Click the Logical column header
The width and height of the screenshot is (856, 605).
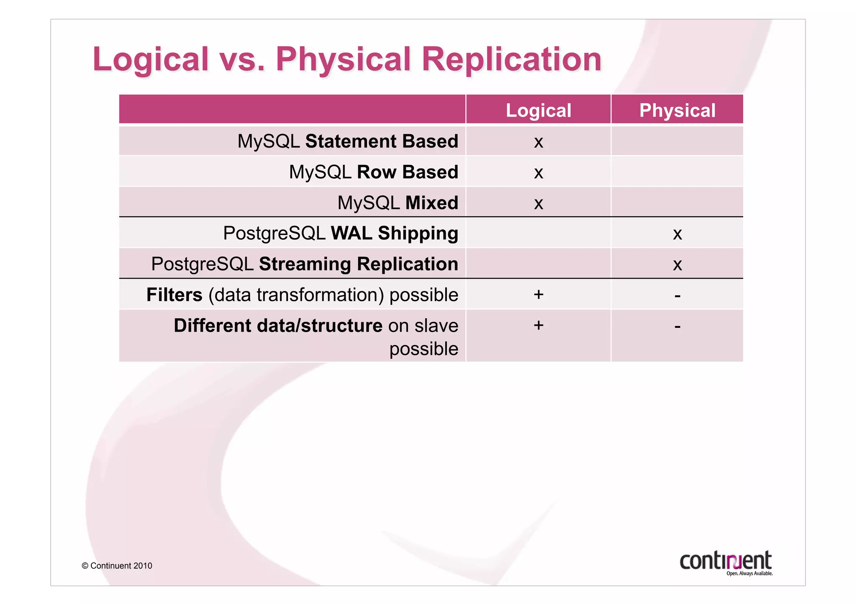pyautogui.click(x=538, y=110)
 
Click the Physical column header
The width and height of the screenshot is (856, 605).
pyautogui.click(x=677, y=110)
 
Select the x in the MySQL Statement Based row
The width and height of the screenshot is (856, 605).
pyautogui.click(x=538, y=142)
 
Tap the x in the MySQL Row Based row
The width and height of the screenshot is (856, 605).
pyautogui.click(x=538, y=173)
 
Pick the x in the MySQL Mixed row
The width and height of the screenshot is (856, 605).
pyautogui.click(x=538, y=204)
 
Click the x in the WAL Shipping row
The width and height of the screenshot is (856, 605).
pyautogui.click(x=678, y=234)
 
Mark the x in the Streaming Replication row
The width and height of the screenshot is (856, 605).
pyautogui.click(x=678, y=265)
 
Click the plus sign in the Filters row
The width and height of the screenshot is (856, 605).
pyautogui.click(x=538, y=294)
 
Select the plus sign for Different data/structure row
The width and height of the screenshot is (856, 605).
pyautogui.click(x=538, y=325)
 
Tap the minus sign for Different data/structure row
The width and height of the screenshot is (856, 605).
pyautogui.click(x=678, y=327)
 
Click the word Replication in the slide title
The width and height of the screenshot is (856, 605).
pyautogui.click(x=512, y=59)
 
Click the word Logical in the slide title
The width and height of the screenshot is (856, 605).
pyautogui.click(x=150, y=59)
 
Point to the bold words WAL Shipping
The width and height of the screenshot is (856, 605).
pyautogui.click(x=394, y=233)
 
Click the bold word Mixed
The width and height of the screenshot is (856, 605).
pyautogui.click(x=432, y=203)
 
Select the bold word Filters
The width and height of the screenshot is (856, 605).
pyautogui.click(x=174, y=295)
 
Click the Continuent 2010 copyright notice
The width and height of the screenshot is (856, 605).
pyautogui.click(x=117, y=566)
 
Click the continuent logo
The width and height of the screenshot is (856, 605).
pyautogui.click(x=725, y=560)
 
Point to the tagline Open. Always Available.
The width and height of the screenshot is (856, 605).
pyautogui.click(x=749, y=574)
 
